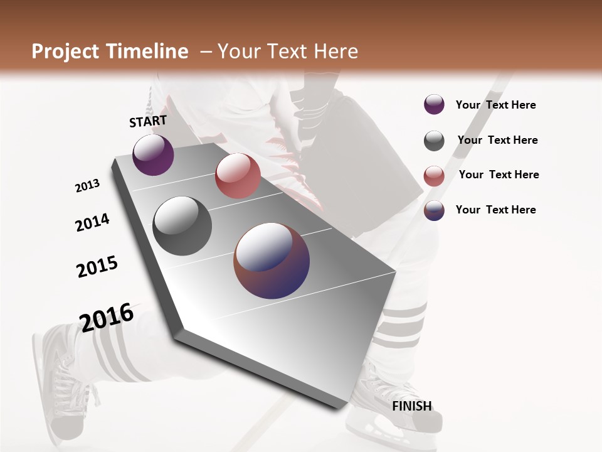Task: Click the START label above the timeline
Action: tap(148, 121)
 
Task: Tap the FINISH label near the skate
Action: tap(411, 406)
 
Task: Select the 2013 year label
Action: tap(87, 186)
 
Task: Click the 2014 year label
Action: tap(92, 222)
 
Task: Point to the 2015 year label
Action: tap(97, 266)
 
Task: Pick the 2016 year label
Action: tap(107, 317)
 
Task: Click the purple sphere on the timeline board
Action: tap(153, 155)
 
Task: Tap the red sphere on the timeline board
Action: tap(238, 176)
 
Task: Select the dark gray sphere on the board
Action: tap(182, 226)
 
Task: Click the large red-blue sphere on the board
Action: tap(272, 261)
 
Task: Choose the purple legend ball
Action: tap(434, 105)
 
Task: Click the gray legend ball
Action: tap(434, 141)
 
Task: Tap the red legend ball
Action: tap(434, 176)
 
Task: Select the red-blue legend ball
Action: tap(434, 210)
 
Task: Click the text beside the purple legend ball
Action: tap(495, 105)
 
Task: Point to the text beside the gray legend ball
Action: tap(497, 140)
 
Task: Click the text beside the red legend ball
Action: tap(499, 175)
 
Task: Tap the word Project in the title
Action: tap(65, 51)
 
